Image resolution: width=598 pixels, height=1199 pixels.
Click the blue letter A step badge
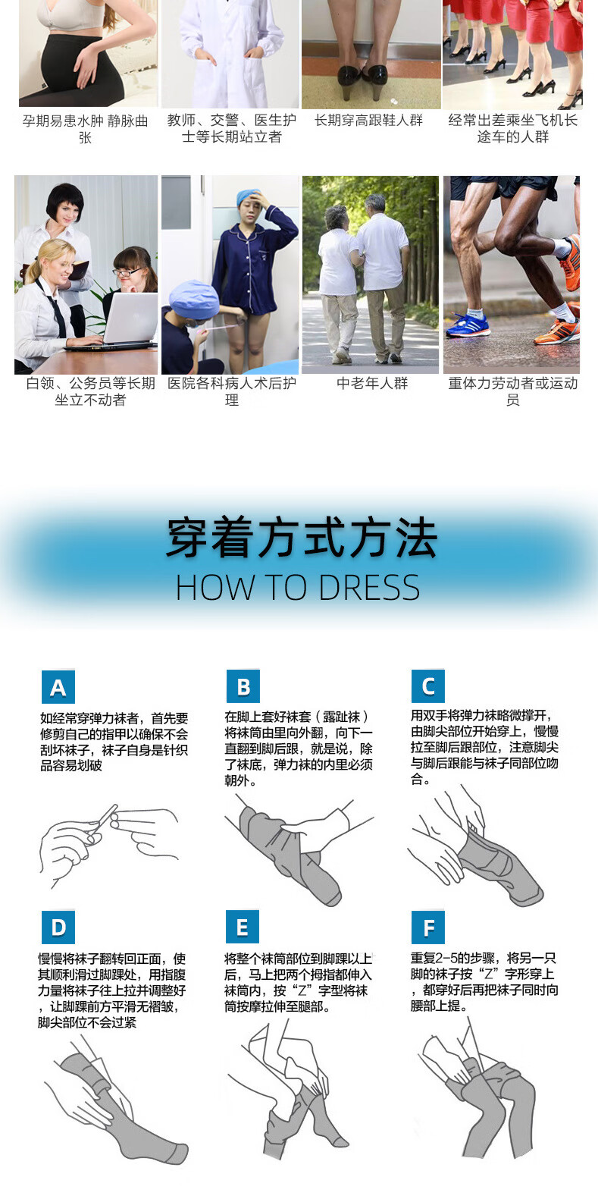pyautogui.click(x=58, y=687)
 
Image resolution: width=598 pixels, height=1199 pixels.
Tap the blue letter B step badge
pyautogui.click(x=243, y=686)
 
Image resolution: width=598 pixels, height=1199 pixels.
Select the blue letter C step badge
pyautogui.click(x=428, y=686)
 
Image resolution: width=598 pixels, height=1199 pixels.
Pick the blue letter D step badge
pyautogui.click(x=58, y=927)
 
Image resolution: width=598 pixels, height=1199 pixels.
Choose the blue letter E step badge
pyautogui.click(x=243, y=927)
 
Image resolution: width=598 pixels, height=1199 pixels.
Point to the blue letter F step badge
pyautogui.click(x=428, y=927)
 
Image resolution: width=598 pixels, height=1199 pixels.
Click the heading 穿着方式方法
pyautogui.click(x=302, y=538)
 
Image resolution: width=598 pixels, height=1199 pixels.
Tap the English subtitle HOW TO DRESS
pyautogui.click(x=298, y=588)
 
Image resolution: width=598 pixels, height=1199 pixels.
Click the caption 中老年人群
pyautogui.click(x=372, y=383)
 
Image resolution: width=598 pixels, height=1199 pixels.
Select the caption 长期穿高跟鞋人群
pyautogui.click(x=369, y=121)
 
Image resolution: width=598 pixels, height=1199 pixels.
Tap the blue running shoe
pyautogui.click(x=468, y=325)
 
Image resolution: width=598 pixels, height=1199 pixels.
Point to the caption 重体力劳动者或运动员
pyautogui.click(x=513, y=391)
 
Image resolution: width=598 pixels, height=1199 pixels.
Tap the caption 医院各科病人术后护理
pyautogui.click(x=232, y=391)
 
